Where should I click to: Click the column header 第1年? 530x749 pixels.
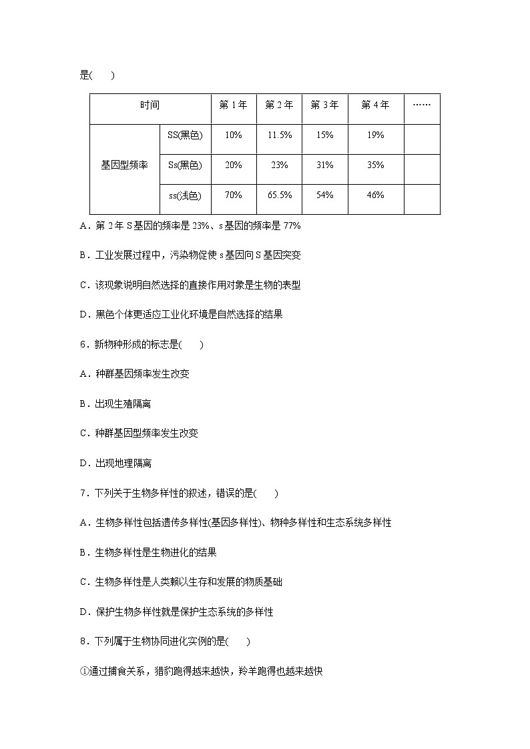[x=234, y=105]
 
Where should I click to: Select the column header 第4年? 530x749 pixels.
[x=375, y=105]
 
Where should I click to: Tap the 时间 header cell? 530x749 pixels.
[x=150, y=105]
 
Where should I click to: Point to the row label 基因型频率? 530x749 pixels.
[x=124, y=165]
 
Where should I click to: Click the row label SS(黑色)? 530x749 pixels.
[x=185, y=135]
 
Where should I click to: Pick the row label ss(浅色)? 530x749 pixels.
[x=185, y=195]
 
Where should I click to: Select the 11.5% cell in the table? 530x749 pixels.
[x=280, y=135]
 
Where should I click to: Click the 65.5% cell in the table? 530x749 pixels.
[x=280, y=195]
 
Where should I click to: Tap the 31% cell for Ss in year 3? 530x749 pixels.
[x=325, y=165]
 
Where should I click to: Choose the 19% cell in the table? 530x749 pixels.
[x=375, y=135]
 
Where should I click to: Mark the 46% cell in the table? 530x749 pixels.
[x=375, y=195]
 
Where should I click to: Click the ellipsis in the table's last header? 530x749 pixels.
[x=422, y=105]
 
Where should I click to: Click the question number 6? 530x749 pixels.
[x=83, y=344]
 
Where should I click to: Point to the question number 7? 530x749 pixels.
[x=83, y=493]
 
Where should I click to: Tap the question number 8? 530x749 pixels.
[x=83, y=642]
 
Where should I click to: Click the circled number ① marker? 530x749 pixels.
[x=83, y=671]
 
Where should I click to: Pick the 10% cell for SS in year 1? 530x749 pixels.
[x=234, y=135]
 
